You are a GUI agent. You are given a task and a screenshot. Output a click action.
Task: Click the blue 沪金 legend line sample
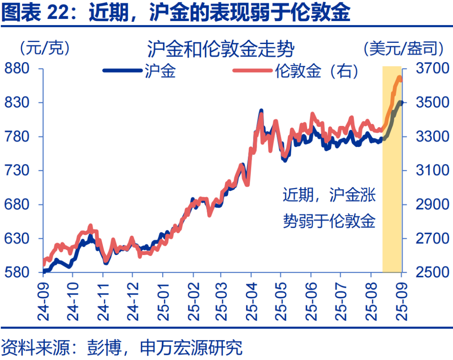pos(122,71)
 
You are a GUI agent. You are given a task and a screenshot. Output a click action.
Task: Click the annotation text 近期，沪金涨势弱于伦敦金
pos(329,208)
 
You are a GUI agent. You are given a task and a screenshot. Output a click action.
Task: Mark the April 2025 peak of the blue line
pos(261,111)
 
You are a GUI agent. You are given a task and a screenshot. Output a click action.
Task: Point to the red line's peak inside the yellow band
pos(399,77)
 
